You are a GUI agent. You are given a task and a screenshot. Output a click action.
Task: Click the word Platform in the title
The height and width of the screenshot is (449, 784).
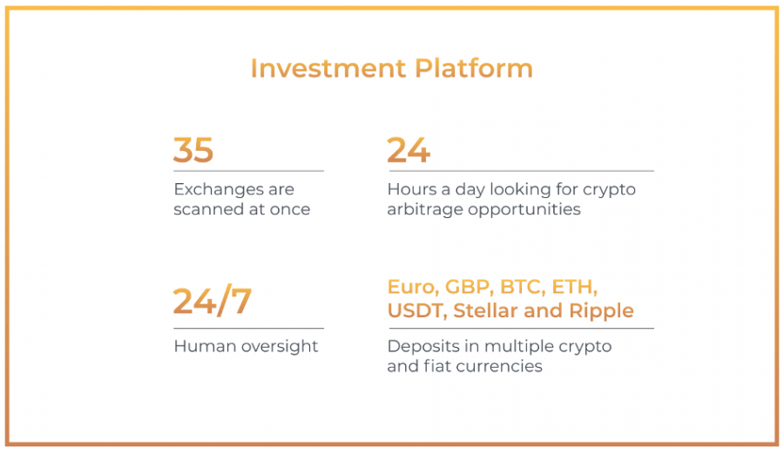point(474,68)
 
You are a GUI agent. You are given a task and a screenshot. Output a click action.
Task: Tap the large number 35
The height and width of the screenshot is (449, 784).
point(193,150)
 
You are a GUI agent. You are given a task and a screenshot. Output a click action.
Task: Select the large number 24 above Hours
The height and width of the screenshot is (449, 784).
point(408,150)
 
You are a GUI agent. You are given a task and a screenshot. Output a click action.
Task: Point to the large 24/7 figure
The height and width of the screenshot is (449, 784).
point(212,302)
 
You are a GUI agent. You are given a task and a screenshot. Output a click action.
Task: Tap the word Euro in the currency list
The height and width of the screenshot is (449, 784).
point(413,287)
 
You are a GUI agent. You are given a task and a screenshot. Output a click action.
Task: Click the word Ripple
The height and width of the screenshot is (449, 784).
point(601,311)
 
